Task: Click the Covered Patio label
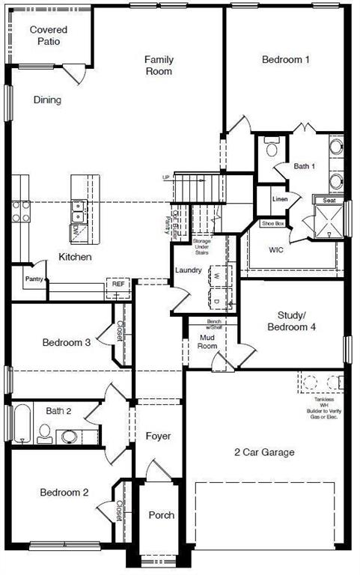(49, 35)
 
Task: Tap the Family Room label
(159, 65)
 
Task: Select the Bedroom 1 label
(285, 59)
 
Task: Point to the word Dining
(47, 100)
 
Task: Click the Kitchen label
(76, 257)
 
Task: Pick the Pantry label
(34, 279)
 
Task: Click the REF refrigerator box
(118, 285)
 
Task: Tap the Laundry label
(188, 270)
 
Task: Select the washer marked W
(217, 276)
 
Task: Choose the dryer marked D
(217, 300)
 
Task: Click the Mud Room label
(207, 341)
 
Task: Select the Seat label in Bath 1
(329, 200)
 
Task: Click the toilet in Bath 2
(44, 432)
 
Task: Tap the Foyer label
(158, 436)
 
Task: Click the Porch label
(161, 515)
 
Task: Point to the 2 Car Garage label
(264, 452)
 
